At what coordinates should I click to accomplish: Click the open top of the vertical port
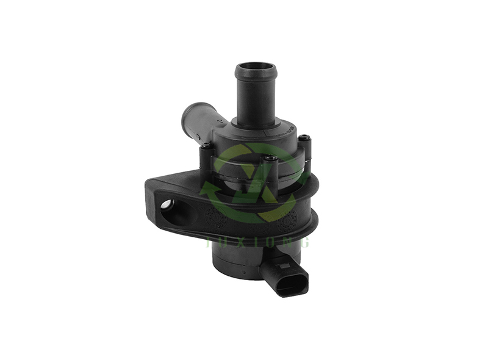tap(256, 67)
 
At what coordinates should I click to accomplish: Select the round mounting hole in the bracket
tap(167, 204)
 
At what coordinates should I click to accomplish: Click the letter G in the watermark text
tap(306, 242)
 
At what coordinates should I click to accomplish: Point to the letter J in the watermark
tap(210, 242)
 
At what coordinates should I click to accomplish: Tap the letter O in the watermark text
tap(274, 242)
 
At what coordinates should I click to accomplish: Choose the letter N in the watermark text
tap(290, 242)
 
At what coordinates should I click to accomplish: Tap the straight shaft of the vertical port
tap(256, 98)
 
